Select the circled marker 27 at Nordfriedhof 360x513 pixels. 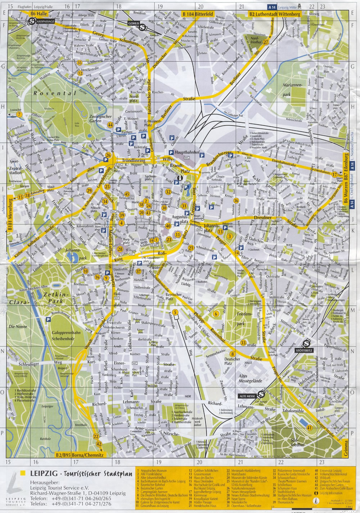pyautogui.click(x=266, y=42)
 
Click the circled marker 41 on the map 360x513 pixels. pyautogui.click(x=310, y=427)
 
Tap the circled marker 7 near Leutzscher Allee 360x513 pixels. pyautogui.click(x=19, y=114)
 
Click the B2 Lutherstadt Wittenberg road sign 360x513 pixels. pyautogui.click(x=275, y=14)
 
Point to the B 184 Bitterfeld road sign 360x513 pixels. pyautogui.click(x=198, y=14)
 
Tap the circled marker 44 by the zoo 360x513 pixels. pyautogui.click(x=110, y=125)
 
